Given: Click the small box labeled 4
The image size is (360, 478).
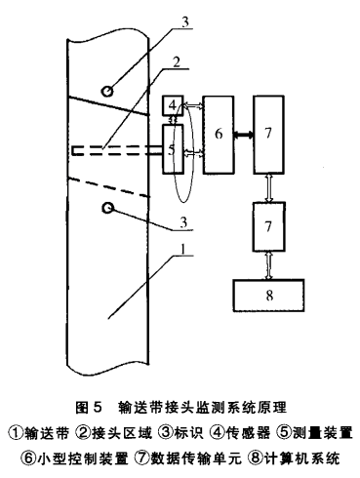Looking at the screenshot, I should (x=173, y=105).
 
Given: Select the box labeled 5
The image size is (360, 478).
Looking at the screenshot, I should (x=174, y=150).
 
